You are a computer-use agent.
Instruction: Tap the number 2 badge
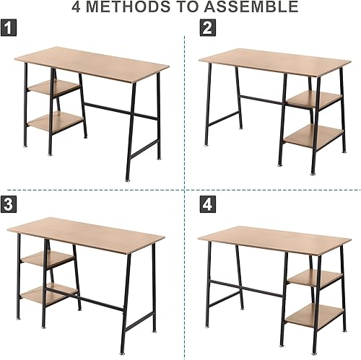(x=208, y=29)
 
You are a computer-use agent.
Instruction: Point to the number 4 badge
(x=208, y=204)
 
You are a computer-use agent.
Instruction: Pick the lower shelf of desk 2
(x=313, y=136)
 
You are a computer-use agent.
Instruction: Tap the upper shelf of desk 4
(x=315, y=277)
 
